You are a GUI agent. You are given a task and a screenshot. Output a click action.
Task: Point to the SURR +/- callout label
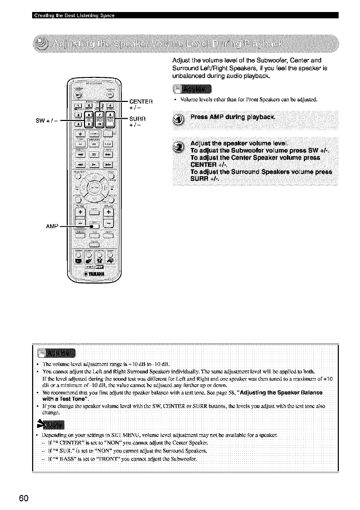137,121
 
